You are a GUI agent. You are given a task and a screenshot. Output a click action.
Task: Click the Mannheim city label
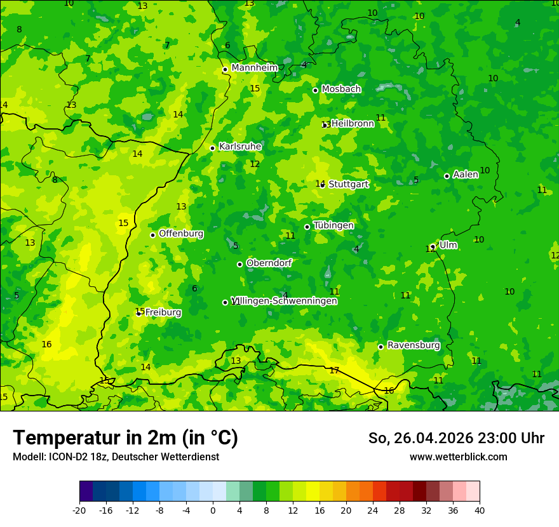[x=254, y=68]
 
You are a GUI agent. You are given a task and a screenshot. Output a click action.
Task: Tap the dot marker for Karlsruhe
[x=212, y=148]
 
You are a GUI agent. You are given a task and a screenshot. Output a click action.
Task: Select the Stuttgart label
[x=348, y=184]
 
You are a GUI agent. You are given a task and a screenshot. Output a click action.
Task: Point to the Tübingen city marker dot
[x=307, y=227]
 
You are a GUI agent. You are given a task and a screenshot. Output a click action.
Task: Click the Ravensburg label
[x=413, y=345]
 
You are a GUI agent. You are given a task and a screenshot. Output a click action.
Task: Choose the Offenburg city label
[x=180, y=234]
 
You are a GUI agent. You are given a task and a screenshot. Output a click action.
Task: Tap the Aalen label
[x=465, y=175]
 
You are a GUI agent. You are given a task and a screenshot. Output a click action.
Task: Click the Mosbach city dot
[x=315, y=90]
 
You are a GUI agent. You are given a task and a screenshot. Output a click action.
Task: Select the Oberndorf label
[x=269, y=263]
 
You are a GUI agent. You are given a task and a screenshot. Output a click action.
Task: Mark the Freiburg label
[x=163, y=312]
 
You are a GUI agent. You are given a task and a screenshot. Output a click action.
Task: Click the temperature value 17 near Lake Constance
[x=334, y=370]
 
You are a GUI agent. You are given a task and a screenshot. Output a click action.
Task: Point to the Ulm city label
[x=448, y=245]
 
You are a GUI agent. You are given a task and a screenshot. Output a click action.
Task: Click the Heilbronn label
[x=353, y=124]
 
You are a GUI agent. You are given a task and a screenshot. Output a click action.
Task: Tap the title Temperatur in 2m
[x=125, y=438]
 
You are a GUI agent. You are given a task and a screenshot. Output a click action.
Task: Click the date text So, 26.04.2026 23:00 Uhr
[x=456, y=438]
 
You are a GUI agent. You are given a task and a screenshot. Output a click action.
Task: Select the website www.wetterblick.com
[x=458, y=457]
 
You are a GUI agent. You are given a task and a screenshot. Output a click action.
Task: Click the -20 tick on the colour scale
[x=79, y=510]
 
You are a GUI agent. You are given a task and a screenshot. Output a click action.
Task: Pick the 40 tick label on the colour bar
[x=479, y=510]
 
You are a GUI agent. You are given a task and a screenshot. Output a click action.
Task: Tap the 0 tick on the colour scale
[x=213, y=510]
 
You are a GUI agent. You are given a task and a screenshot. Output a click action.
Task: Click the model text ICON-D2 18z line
[x=116, y=457]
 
